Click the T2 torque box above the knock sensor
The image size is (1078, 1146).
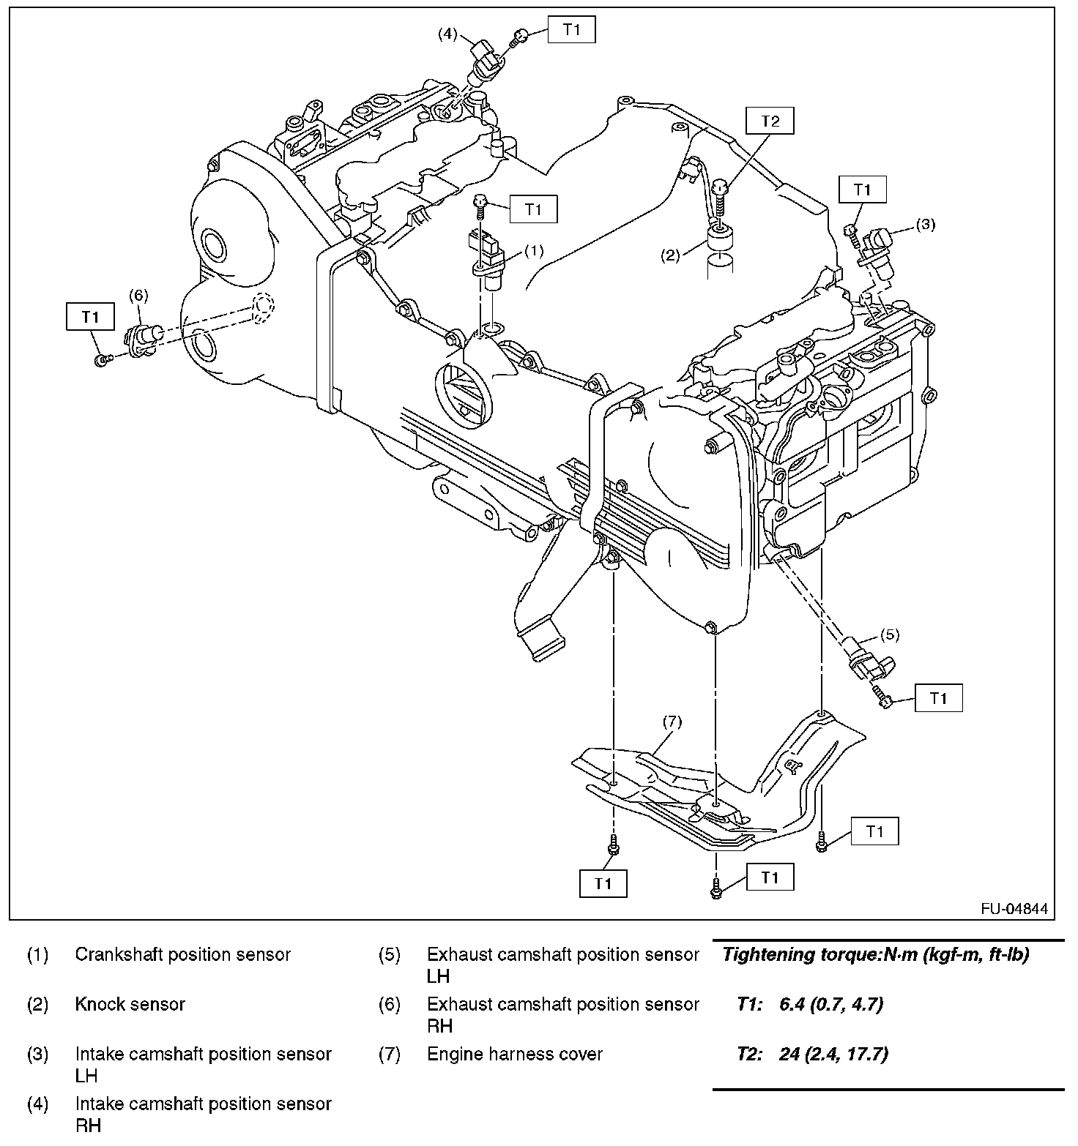point(770,121)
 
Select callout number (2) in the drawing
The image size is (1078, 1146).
point(672,255)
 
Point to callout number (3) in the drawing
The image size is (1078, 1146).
point(926,224)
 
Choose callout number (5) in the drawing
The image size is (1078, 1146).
point(890,634)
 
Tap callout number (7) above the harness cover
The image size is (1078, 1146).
point(672,722)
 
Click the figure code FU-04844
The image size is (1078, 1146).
point(1014,910)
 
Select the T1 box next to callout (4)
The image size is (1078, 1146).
point(571,30)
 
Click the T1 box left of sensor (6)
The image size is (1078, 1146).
point(90,317)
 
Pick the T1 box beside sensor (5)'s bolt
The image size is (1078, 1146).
point(938,699)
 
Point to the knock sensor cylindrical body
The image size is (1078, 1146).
point(718,238)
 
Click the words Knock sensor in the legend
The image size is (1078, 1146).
point(130,1004)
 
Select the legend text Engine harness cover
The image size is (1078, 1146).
point(514,1054)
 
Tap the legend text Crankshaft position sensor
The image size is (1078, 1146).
point(182,954)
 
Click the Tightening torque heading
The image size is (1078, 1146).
point(875,954)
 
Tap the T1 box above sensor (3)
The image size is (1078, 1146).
point(862,190)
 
